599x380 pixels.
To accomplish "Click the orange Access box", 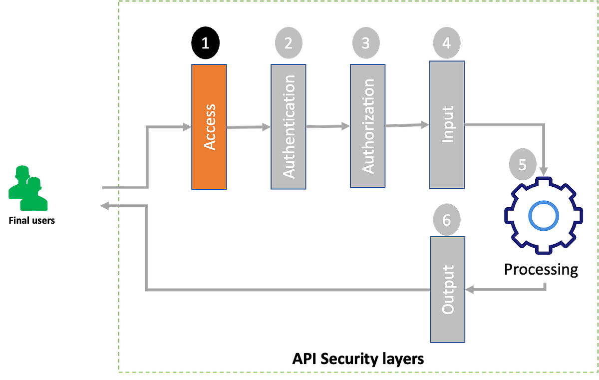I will (x=209, y=127).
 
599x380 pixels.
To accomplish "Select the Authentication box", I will (x=289, y=126).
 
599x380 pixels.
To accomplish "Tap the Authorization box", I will (x=367, y=126).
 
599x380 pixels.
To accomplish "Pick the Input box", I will (x=447, y=125).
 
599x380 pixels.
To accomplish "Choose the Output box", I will (x=447, y=290).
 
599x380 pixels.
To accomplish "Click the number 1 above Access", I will (x=205, y=43).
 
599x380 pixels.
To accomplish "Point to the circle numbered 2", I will (x=288, y=43).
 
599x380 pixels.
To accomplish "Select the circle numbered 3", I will (x=366, y=43).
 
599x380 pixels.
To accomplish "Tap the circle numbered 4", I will (x=446, y=43).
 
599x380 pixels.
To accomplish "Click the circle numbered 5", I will (x=522, y=165).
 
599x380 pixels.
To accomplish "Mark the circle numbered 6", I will (x=446, y=219).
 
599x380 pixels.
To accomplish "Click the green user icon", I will (x=27, y=189).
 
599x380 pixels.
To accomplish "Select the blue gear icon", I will (x=543, y=216).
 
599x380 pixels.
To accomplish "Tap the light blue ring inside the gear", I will (x=543, y=216).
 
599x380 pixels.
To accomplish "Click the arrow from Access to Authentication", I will (x=249, y=127).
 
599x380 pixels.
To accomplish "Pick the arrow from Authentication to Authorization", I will (x=327, y=126).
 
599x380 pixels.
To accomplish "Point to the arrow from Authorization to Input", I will (x=407, y=125).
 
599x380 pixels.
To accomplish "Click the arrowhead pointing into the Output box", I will (x=471, y=289).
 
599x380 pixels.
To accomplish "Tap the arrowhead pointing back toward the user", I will (x=104, y=205).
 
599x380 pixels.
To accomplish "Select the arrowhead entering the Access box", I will (x=186, y=127).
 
